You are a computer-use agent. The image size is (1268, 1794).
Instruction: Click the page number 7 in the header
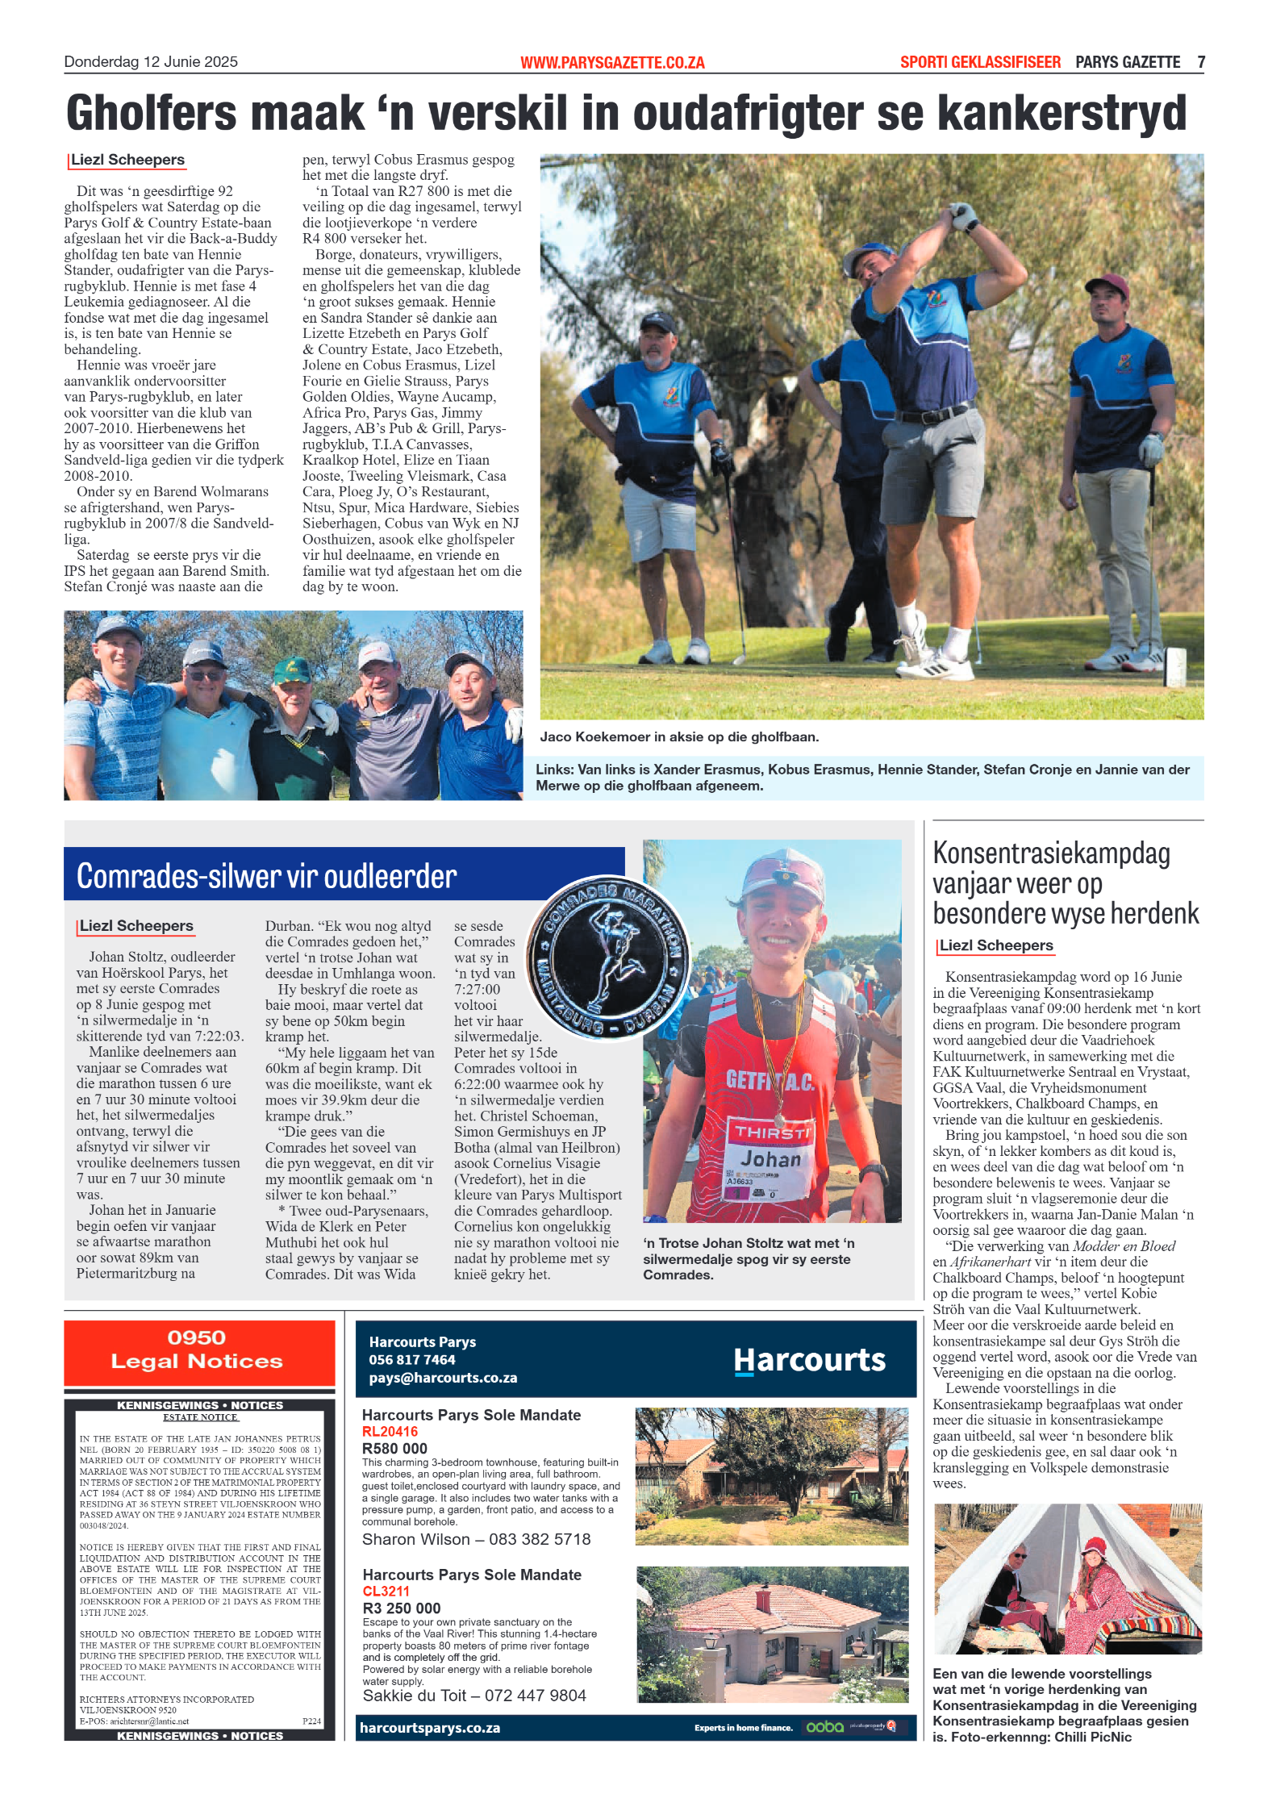click(1200, 62)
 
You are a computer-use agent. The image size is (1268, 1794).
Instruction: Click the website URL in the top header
click(612, 62)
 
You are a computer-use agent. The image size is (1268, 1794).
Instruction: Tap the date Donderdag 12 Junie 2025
click(151, 62)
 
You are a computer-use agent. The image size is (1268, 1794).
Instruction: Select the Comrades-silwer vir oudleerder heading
click(266, 876)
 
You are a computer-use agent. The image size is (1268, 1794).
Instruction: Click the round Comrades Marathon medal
click(608, 957)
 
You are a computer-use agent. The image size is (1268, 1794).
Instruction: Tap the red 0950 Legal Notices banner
click(198, 1350)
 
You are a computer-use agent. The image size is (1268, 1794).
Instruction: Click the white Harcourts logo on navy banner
click(809, 1360)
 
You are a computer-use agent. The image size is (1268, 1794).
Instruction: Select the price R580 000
click(395, 1448)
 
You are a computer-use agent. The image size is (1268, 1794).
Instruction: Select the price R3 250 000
click(402, 1608)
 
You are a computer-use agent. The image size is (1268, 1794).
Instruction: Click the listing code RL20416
click(390, 1432)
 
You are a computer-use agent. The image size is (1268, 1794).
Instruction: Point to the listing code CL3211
click(386, 1592)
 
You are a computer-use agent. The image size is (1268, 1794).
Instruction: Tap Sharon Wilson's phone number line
click(476, 1539)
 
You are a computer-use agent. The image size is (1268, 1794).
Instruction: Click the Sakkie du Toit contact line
click(474, 1696)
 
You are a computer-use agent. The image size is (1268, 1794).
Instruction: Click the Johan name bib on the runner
click(771, 1160)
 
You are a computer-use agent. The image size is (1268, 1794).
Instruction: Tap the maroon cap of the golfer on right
click(1107, 284)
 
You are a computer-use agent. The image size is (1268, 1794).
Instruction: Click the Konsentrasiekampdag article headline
click(1065, 883)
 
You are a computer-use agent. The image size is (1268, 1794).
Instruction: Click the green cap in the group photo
click(292, 669)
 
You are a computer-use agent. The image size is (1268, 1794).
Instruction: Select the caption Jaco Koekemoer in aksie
click(679, 736)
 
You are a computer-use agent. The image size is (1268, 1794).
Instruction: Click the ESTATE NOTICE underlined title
click(200, 1417)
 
